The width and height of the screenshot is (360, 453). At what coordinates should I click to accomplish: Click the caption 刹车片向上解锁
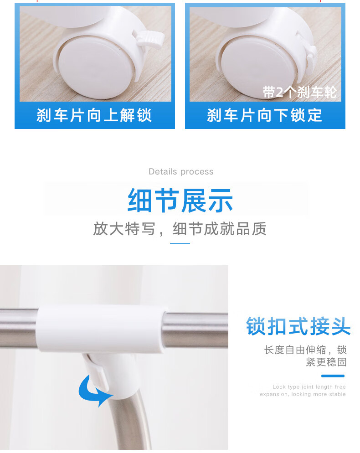pyautogui.click(x=94, y=115)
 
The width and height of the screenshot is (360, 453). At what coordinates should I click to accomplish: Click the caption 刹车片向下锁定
pyautogui.click(x=265, y=115)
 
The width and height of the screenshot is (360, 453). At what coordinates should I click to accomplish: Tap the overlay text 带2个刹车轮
pyautogui.click(x=299, y=92)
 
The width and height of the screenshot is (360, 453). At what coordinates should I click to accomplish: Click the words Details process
pyautogui.click(x=181, y=172)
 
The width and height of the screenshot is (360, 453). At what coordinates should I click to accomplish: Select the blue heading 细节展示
pyautogui.click(x=180, y=200)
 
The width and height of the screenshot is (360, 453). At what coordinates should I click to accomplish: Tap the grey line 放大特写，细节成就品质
pyautogui.click(x=180, y=229)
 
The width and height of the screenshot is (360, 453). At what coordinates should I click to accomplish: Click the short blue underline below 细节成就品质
pyautogui.click(x=180, y=243)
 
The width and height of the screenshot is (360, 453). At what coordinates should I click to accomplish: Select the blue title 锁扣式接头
pyautogui.click(x=298, y=326)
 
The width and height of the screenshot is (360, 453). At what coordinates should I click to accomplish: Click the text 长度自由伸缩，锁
pyautogui.click(x=305, y=350)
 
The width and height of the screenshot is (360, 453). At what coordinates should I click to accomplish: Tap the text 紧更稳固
pyautogui.click(x=326, y=362)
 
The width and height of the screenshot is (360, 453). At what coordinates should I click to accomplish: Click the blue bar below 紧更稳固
pyautogui.click(x=333, y=376)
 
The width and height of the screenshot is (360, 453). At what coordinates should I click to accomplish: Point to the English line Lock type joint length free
pyautogui.click(x=309, y=387)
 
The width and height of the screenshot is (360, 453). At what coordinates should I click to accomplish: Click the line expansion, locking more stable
pyautogui.click(x=303, y=394)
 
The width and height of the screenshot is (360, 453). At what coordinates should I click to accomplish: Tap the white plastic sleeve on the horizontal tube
pyautogui.click(x=101, y=329)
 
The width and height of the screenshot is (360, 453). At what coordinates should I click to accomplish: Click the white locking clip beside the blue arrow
pyautogui.click(x=98, y=373)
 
